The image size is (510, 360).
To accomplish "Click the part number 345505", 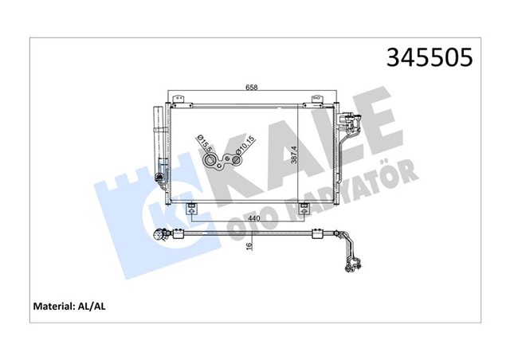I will pyautogui.click(x=430, y=57).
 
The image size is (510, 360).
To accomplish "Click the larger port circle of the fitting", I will pyautogui.click(x=214, y=163).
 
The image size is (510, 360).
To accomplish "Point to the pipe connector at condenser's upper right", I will pyautogui.click(x=346, y=125).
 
